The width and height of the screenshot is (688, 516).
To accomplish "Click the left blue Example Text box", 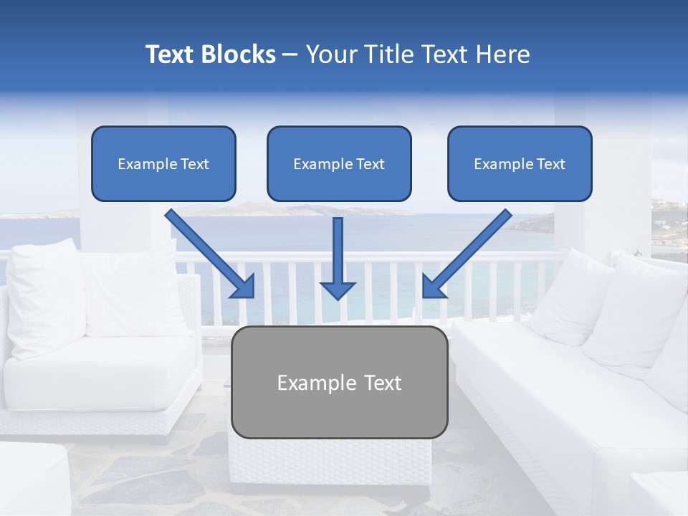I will coord(163,164).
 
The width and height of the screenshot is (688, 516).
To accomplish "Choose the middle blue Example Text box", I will coord(339,164).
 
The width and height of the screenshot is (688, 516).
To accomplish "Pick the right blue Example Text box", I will coord(520,164).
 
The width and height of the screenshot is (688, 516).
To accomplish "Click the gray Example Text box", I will coord(340,383).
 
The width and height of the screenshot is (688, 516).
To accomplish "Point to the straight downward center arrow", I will coord(338,254).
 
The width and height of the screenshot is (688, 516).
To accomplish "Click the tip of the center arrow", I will coord(338,297).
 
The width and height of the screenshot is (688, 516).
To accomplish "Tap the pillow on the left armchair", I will coord(47,294).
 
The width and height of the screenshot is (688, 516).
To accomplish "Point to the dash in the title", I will coord(290,54).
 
